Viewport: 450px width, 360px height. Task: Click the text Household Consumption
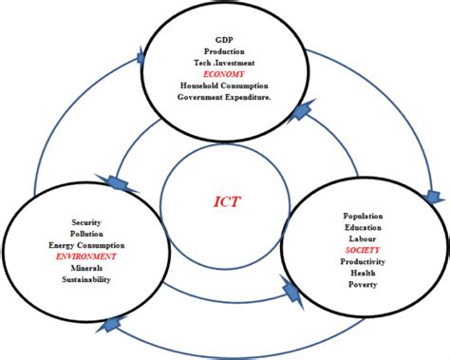[224, 85]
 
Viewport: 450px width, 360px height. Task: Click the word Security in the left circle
[85, 222]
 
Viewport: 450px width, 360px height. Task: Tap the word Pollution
[86, 234]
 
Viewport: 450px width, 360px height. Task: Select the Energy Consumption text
[86, 245]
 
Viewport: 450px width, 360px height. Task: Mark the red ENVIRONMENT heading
[86, 256]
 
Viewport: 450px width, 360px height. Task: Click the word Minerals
[86, 268]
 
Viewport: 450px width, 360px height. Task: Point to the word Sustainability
[86, 280]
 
